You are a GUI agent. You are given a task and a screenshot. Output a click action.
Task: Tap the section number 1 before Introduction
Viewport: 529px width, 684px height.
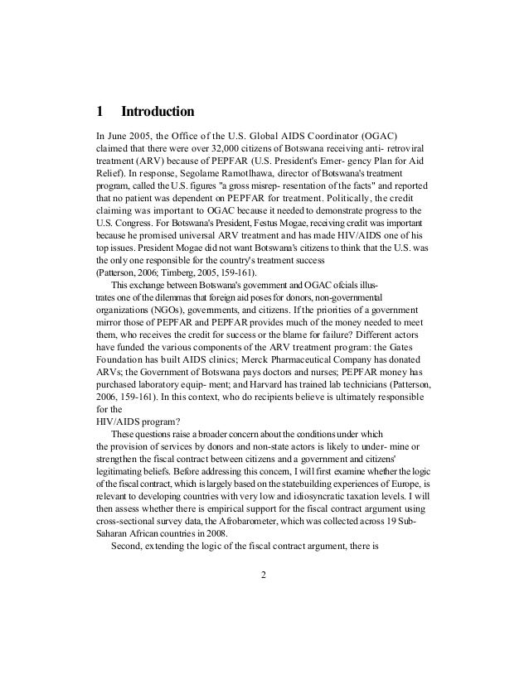point(99,110)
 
